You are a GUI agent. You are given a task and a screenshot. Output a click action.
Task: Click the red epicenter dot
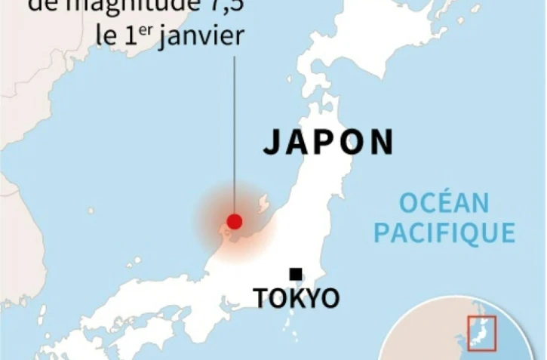[235, 221]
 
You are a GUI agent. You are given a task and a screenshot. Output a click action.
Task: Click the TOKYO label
[297, 297]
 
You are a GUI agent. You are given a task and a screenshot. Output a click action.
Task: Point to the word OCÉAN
[444, 203]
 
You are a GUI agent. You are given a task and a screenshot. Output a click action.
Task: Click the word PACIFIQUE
[444, 233]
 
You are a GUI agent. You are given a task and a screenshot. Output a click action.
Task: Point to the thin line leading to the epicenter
[235, 136]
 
